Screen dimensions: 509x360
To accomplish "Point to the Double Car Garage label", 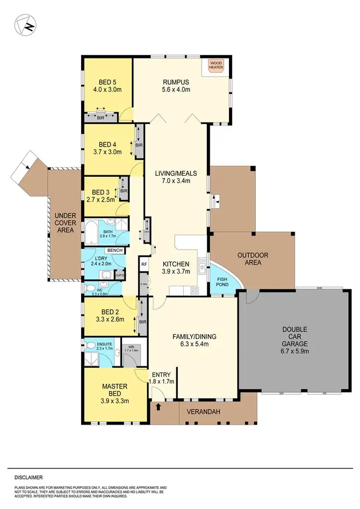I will coord(291,340).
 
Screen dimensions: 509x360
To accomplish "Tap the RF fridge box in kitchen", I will coord(144,264).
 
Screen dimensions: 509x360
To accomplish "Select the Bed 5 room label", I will coord(108,81).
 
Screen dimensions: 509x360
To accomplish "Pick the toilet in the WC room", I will coord(90,288).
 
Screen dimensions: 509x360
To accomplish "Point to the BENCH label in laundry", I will coord(115,251).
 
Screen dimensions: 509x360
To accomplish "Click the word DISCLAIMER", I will coord(28,477).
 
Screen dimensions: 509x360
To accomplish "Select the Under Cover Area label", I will coord(65,223).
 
